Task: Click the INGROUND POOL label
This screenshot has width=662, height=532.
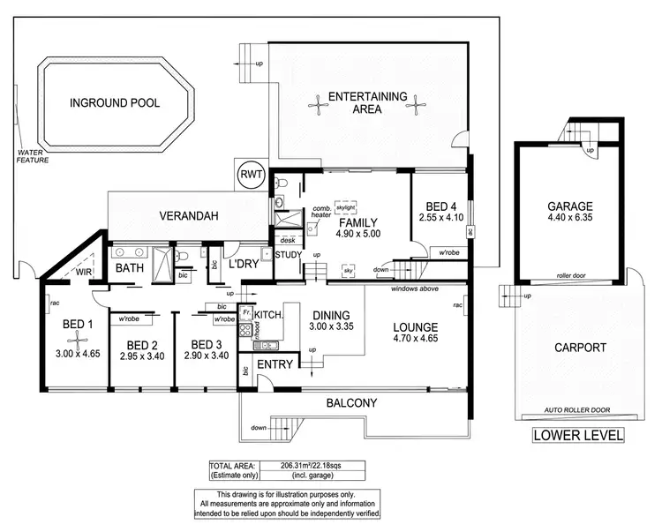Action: pyautogui.click(x=115, y=103)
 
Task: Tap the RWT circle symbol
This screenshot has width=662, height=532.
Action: pyautogui.click(x=249, y=174)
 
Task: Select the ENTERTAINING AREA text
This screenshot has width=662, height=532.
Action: pyautogui.click(x=367, y=103)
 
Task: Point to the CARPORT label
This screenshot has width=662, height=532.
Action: pyautogui.click(x=578, y=348)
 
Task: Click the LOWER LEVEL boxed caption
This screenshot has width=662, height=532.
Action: pyautogui.click(x=579, y=435)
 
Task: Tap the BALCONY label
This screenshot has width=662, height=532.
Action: pyautogui.click(x=350, y=403)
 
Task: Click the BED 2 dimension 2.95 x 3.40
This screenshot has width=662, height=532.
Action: pyautogui.click(x=141, y=357)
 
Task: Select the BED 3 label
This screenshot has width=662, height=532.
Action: pyautogui.click(x=206, y=344)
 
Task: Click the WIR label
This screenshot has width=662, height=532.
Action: pyautogui.click(x=84, y=273)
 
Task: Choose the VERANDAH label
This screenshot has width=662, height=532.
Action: pyautogui.click(x=189, y=215)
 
